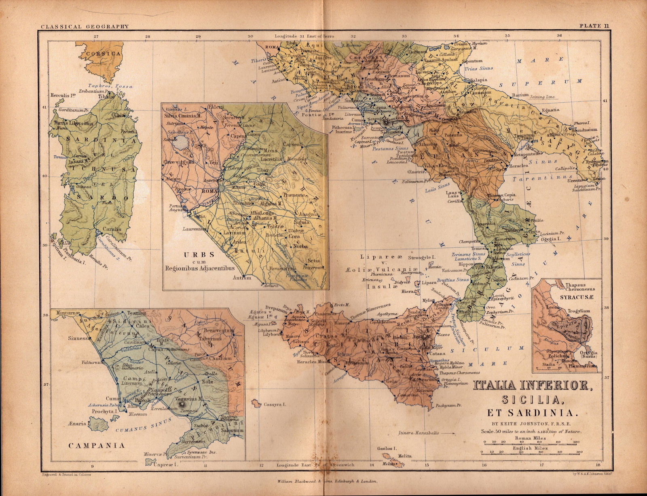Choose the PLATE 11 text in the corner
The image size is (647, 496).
pos(594,26)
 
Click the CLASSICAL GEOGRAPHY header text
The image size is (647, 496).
pos(85,26)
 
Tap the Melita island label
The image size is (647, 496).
pos(404,456)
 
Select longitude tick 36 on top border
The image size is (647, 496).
pos(559,36)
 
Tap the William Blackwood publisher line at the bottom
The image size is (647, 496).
pos(327,481)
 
